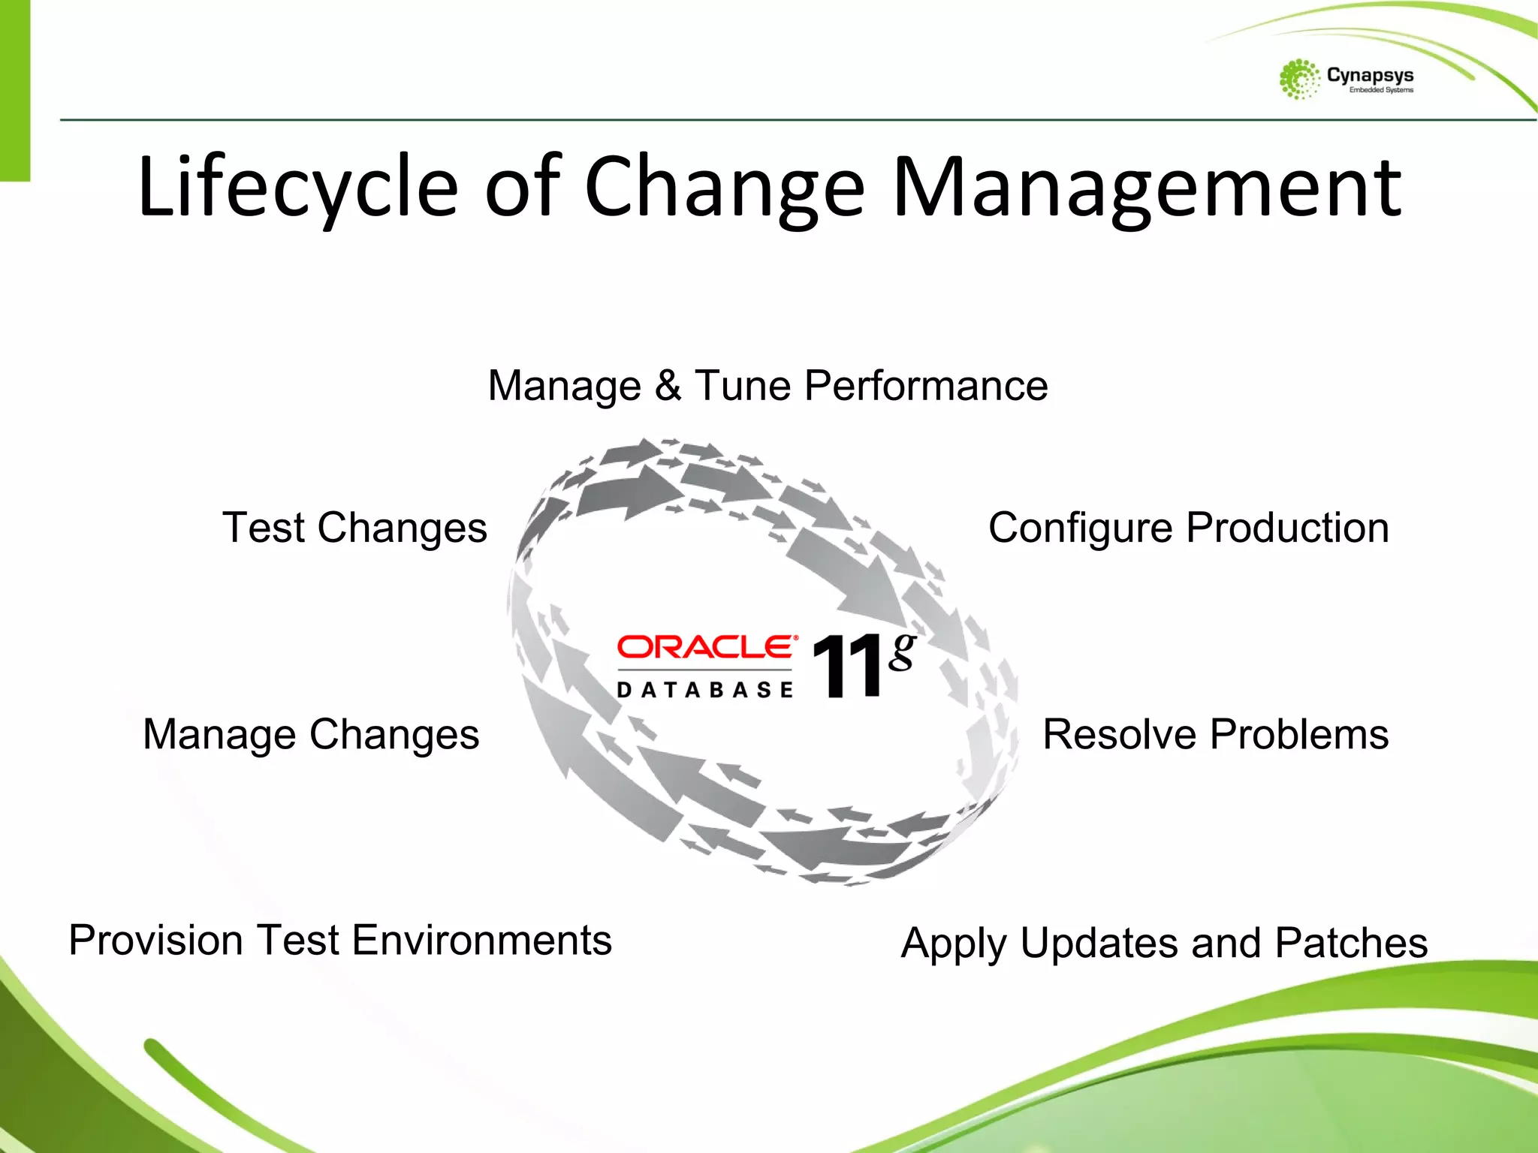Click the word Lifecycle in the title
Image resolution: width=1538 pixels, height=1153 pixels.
[297, 188]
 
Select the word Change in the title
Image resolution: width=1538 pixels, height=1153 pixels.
[724, 188]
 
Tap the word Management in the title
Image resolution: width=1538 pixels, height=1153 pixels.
[1146, 188]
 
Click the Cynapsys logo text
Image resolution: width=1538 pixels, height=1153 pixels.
[1370, 75]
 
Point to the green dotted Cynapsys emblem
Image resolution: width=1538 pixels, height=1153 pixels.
[1299, 80]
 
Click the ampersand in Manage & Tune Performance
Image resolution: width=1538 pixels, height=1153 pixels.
[668, 386]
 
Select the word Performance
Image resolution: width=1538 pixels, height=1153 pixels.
[925, 386]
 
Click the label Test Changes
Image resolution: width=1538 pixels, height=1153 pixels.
[354, 528]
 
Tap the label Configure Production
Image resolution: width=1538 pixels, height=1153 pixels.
[1188, 528]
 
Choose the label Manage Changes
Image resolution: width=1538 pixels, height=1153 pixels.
[311, 734]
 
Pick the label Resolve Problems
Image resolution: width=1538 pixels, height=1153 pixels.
[1215, 734]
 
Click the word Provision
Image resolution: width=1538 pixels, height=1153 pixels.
[155, 941]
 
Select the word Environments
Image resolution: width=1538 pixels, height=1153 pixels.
[481, 941]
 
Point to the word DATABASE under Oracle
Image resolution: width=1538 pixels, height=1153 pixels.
[704, 690]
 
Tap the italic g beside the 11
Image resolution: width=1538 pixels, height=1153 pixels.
[902, 651]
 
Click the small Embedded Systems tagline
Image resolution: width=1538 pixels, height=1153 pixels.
[1380, 90]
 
